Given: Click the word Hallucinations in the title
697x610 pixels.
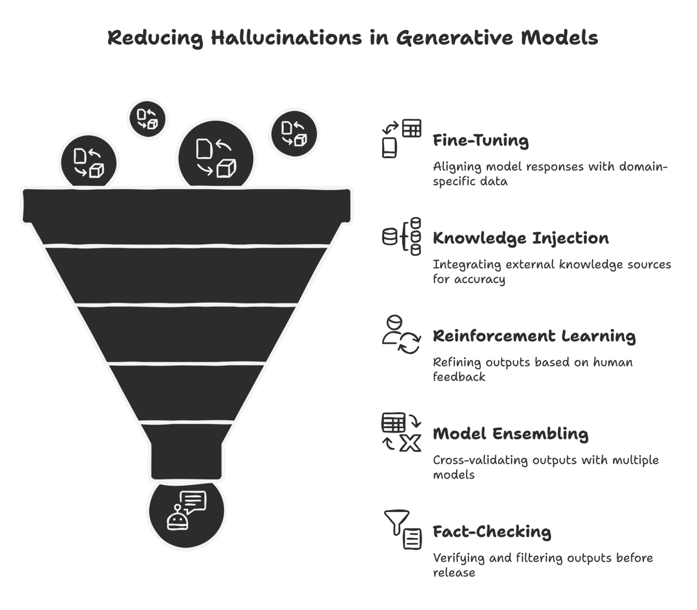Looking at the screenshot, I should click(286, 38).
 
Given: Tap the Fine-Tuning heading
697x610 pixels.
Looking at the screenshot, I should click(481, 141).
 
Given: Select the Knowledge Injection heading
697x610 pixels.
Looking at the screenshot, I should click(521, 239).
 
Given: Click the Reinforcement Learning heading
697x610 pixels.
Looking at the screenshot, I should click(534, 336).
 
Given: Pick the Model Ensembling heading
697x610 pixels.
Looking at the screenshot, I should click(510, 434).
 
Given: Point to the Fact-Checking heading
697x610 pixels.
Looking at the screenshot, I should click(492, 532).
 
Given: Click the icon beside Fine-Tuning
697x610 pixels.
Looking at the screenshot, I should click(401, 138).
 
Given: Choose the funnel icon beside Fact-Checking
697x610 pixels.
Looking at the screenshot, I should click(403, 529).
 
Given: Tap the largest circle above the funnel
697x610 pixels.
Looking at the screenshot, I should click(216, 158).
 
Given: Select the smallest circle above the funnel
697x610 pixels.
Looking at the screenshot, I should click(147, 119).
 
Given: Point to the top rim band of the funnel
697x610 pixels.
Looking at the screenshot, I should click(187, 205).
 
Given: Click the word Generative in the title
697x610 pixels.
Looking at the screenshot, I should click(454, 38).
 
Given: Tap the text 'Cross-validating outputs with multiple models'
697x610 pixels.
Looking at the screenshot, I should click(545, 467).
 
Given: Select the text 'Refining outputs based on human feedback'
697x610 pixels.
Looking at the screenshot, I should click(532, 369).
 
